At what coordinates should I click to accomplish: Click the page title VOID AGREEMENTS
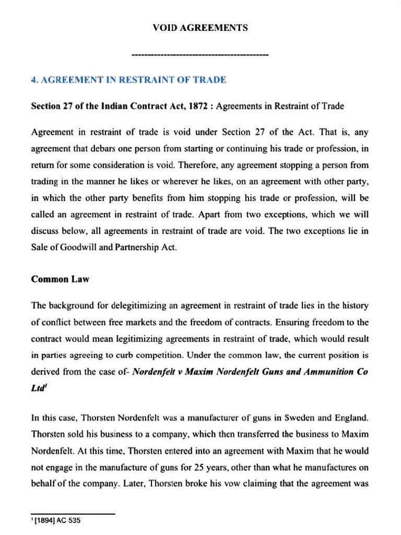(200, 28)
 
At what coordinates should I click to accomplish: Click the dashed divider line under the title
(200, 55)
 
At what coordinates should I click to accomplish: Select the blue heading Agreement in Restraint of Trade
(128, 80)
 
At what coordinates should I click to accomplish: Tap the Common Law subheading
(60, 279)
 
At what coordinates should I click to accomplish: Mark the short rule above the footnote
(73, 514)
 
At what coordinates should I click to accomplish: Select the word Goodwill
(75, 248)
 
